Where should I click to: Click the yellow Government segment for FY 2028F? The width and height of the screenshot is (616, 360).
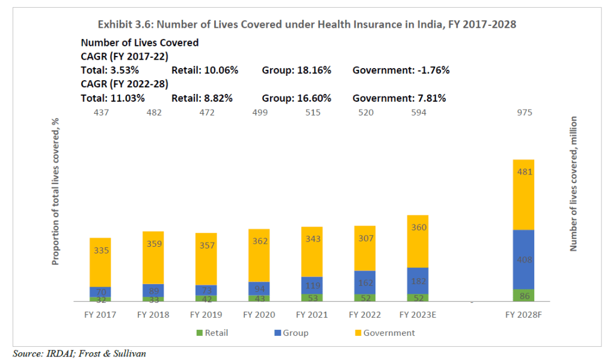pyautogui.click(x=523, y=194)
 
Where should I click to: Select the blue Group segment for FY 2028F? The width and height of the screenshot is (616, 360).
pyautogui.click(x=523, y=259)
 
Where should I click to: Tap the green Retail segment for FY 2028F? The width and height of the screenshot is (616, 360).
pyautogui.click(x=523, y=295)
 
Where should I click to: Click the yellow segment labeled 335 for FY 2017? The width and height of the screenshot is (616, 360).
pyautogui.click(x=100, y=262)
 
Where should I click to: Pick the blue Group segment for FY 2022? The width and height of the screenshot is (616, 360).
pyautogui.click(x=365, y=282)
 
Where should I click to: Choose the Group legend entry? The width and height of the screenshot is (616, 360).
pyautogui.click(x=292, y=333)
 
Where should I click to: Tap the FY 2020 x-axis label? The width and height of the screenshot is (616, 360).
pyautogui.click(x=259, y=315)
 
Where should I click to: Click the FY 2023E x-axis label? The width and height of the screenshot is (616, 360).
pyautogui.click(x=417, y=315)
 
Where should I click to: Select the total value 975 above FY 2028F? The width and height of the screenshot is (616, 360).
pyautogui.click(x=523, y=113)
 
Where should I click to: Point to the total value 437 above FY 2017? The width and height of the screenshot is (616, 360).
pyautogui.click(x=100, y=113)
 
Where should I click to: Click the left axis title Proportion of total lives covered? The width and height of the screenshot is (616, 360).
pyautogui.click(x=55, y=191)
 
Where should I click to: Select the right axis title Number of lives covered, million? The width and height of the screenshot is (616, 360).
pyautogui.click(x=573, y=184)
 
